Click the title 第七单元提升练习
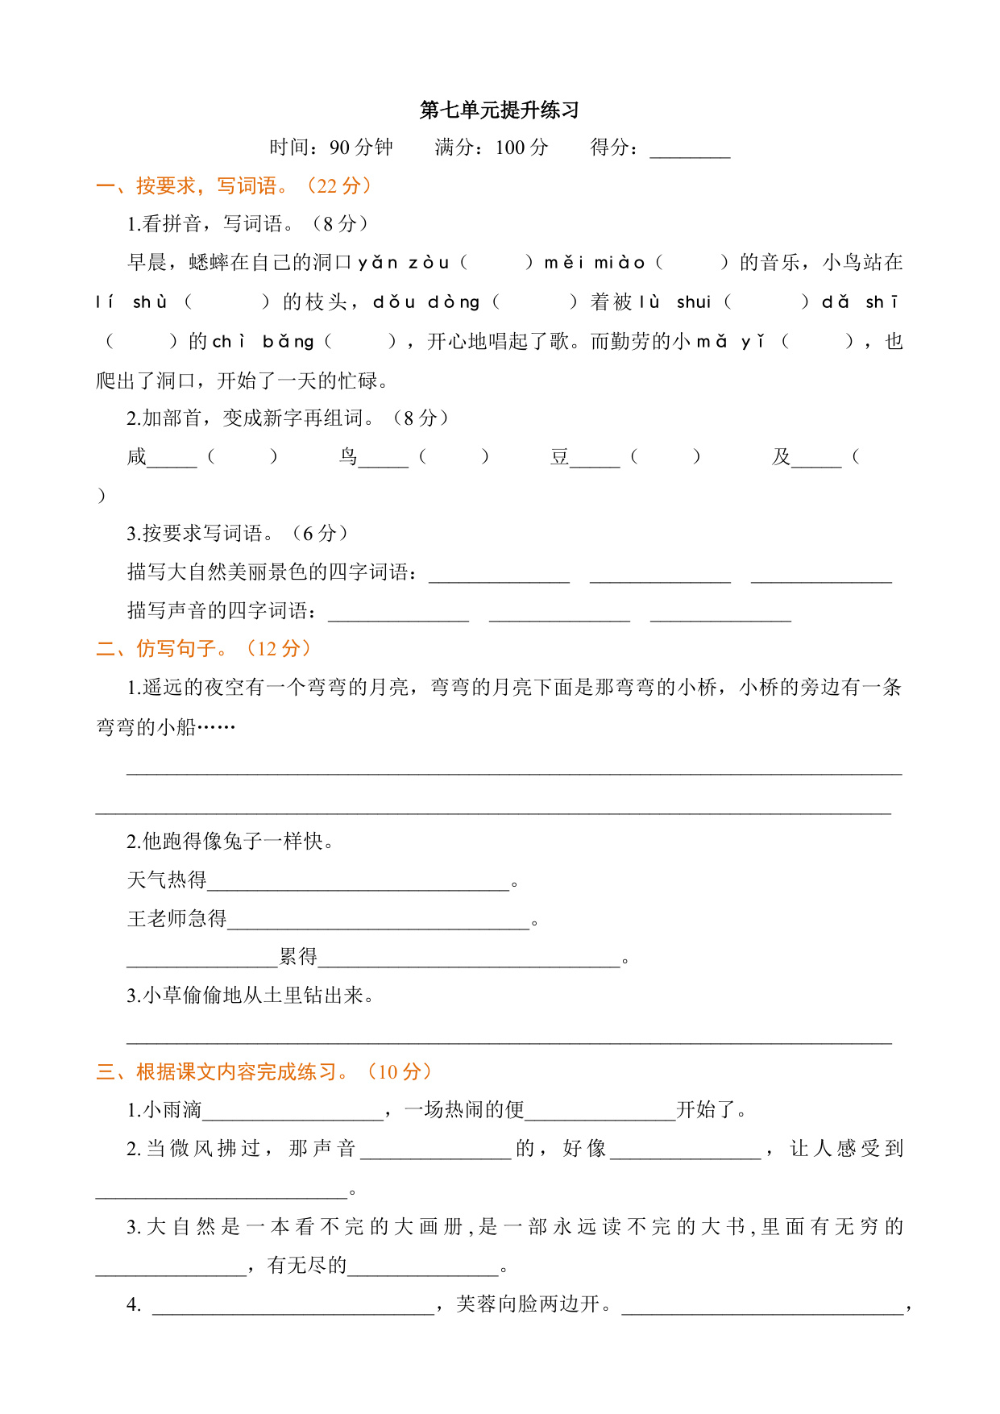click(x=499, y=110)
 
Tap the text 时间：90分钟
click(x=331, y=148)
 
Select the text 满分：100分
click(x=491, y=148)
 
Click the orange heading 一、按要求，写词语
click(x=233, y=186)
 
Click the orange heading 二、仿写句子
click(x=203, y=648)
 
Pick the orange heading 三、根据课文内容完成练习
click(x=263, y=1072)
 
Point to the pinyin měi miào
click(x=595, y=263)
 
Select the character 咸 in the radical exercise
click(x=136, y=457)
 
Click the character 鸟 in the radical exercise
click(x=348, y=457)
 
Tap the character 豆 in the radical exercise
click(x=559, y=457)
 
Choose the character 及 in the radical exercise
click(x=781, y=457)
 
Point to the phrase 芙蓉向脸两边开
click(x=528, y=1304)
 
